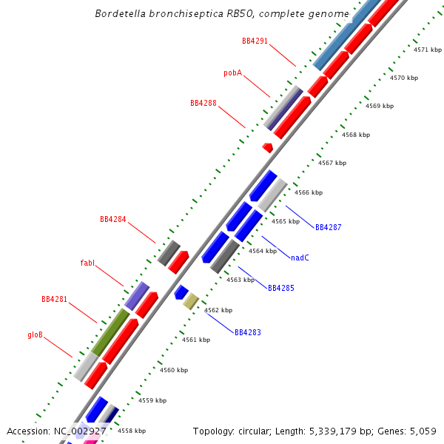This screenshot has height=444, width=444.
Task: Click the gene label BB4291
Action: pyautogui.click(x=255, y=41)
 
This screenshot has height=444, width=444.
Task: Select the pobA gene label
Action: pyautogui.click(x=233, y=73)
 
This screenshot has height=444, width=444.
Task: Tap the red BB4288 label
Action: pyautogui.click(x=203, y=103)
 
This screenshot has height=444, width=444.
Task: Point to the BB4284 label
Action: pyautogui.click(x=113, y=219)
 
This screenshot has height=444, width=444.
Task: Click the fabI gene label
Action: pyautogui.click(x=88, y=263)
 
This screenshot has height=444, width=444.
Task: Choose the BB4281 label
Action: pyautogui.click(x=55, y=299)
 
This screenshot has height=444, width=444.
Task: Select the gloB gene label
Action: pyautogui.click(x=36, y=334)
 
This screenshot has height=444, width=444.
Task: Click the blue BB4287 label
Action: pyautogui.click(x=329, y=227)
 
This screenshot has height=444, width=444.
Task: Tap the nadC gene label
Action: pyautogui.click(x=300, y=258)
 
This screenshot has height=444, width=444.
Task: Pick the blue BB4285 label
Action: pyautogui.click(x=281, y=287)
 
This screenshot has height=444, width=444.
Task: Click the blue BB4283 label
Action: pyautogui.click(x=248, y=332)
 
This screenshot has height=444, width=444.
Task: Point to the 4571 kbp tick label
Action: pyautogui.click(x=427, y=50)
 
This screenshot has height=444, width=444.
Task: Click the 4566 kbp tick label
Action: pyautogui.click(x=309, y=192)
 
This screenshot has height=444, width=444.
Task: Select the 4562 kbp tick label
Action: pyautogui.click(x=218, y=310)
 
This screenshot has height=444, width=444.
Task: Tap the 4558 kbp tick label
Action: pyautogui.click(x=132, y=431)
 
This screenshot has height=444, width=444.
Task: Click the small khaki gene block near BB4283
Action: pyautogui.click(x=191, y=300)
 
